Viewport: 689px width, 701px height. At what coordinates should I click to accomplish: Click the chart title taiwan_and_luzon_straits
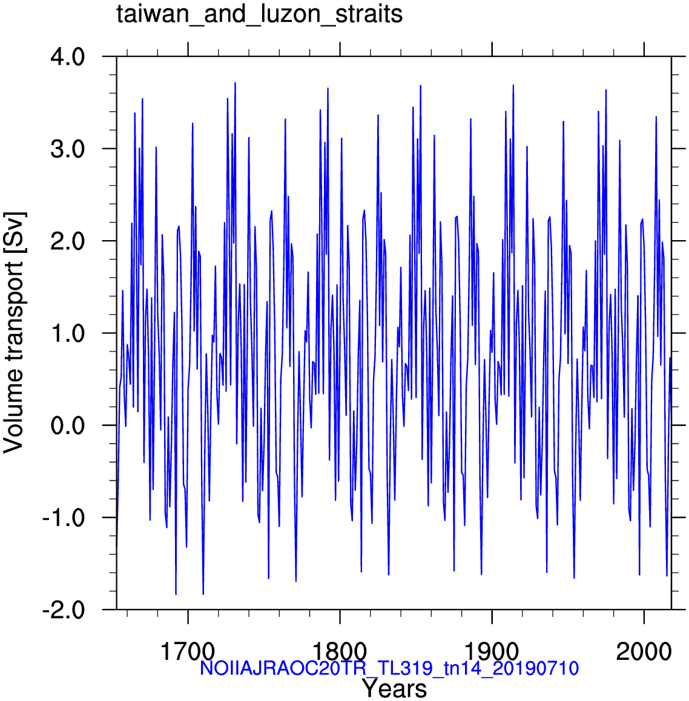coord(260,15)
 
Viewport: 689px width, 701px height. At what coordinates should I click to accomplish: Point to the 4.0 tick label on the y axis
coord(68,57)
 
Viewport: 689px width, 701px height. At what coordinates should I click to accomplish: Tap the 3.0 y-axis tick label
coord(68,149)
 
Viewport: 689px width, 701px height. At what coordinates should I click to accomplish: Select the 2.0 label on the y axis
coord(68,241)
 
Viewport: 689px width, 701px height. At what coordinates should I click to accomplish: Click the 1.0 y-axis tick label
coord(68,334)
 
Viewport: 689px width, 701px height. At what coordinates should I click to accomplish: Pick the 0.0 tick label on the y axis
coord(68,426)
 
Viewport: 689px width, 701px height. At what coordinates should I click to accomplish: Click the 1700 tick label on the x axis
coord(188,652)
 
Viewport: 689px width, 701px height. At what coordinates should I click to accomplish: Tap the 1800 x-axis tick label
coord(340,652)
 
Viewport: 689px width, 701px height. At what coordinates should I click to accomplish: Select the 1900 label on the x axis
coord(492,652)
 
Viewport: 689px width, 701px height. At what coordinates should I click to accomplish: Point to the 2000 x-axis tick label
coord(644,652)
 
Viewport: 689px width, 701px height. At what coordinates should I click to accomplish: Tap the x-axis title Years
coord(394,689)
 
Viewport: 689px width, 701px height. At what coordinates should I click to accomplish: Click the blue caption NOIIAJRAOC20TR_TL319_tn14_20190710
coord(389,669)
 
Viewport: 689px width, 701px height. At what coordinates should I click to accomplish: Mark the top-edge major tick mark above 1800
coord(340,50)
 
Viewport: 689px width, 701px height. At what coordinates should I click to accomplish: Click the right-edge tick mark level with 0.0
coord(679,425)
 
